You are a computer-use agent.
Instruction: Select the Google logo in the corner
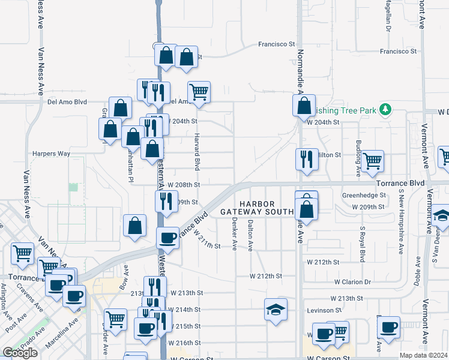point(20,353)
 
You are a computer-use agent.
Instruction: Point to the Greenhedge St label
point(363,195)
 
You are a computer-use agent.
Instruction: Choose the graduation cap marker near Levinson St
point(276,310)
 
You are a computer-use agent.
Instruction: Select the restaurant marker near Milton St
point(307,159)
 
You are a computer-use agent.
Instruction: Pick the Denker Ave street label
point(234,233)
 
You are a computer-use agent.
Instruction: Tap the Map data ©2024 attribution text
point(424,355)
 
